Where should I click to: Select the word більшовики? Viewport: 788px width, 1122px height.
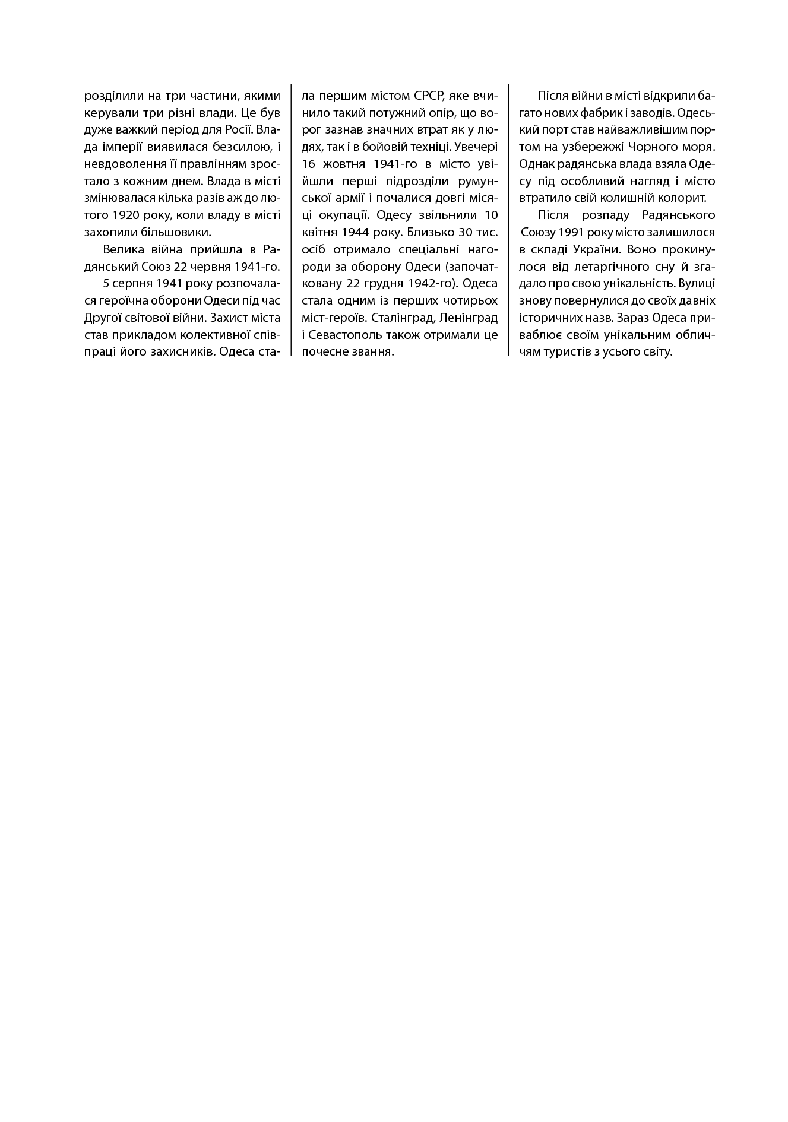click(178, 232)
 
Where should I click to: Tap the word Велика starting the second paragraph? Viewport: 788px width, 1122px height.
click(122, 249)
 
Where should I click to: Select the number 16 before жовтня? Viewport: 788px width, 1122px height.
click(308, 163)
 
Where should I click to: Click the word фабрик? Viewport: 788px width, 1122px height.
click(618, 112)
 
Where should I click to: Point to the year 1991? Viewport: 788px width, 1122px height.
click(571, 232)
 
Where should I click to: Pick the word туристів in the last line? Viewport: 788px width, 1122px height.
click(568, 352)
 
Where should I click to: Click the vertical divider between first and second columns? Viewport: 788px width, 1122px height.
click(291, 220)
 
